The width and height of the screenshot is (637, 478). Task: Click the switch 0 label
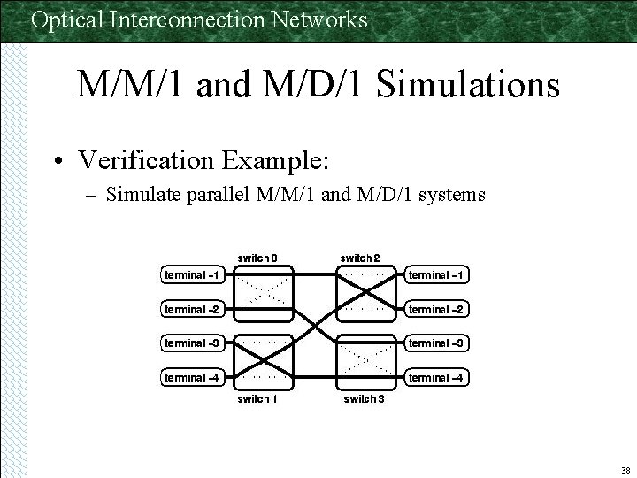[x=257, y=258]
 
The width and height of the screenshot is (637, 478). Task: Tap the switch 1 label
[x=257, y=398]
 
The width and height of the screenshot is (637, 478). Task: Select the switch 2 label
[x=361, y=258]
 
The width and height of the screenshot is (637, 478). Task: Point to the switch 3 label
[x=364, y=398]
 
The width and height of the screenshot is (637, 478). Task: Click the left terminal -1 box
[x=192, y=275]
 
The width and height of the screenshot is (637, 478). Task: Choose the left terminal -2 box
[x=192, y=309]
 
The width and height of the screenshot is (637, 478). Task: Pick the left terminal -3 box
[x=192, y=343]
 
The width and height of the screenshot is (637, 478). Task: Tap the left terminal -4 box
[x=192, y=378]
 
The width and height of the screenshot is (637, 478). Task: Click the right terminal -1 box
[x=436, y=275]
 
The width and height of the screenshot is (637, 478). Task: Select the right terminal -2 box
[x=436, y=309]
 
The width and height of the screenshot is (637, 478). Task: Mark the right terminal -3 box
[x=436, y=343]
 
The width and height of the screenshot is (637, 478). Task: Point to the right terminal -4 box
[x=436, y=378]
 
